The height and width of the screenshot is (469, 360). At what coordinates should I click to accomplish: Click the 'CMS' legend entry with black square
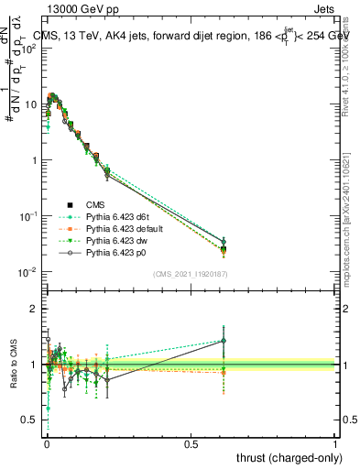pos(97,203)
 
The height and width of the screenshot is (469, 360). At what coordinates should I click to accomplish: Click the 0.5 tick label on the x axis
pos(191,442)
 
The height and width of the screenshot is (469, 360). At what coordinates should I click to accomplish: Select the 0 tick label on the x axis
pos(47,442)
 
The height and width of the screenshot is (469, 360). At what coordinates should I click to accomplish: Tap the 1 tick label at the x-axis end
pos(335,442)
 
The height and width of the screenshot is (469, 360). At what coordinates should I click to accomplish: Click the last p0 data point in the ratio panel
pos(223,341)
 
